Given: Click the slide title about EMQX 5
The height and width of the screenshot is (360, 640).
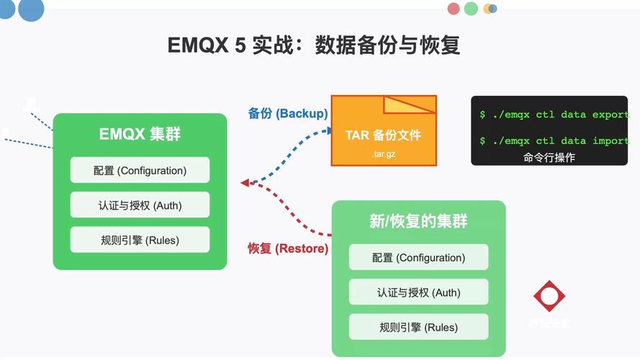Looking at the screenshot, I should pos(314,45).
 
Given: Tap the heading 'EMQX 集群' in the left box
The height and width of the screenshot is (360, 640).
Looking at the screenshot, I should pos(140,135).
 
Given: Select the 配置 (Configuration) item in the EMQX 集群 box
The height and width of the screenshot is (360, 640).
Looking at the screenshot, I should pos(140,171).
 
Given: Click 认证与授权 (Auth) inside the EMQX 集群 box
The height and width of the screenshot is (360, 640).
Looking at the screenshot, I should pos(140,205).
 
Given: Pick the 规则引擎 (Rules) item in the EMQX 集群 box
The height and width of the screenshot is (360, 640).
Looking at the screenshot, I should pos(140,240).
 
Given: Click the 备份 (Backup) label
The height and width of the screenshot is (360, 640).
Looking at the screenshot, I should pos(287,114).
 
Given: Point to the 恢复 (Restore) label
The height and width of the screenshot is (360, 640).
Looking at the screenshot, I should pos(288,248).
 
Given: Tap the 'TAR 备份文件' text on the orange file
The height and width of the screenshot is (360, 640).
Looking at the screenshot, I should pos(383,135).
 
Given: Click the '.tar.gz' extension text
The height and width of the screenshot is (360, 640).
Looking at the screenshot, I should pos(383,154).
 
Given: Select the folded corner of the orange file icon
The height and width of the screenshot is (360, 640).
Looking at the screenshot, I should pos(409,105).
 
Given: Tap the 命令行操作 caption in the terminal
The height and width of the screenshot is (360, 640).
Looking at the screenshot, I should pos(549,158).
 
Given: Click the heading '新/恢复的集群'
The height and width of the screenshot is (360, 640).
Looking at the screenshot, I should pos(418,222).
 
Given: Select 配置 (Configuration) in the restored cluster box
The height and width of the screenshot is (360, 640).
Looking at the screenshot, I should pos(418,258).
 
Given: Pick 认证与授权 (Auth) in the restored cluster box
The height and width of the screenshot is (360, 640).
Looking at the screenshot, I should pos(418,292).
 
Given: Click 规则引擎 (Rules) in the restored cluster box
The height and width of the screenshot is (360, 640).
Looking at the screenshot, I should pos(418,327).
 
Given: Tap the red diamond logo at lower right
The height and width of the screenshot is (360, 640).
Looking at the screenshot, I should pos(549,296).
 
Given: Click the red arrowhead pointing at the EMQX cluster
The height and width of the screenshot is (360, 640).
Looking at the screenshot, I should pos(245,183).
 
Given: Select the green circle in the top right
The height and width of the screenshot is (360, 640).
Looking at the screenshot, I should pos(471,9).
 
